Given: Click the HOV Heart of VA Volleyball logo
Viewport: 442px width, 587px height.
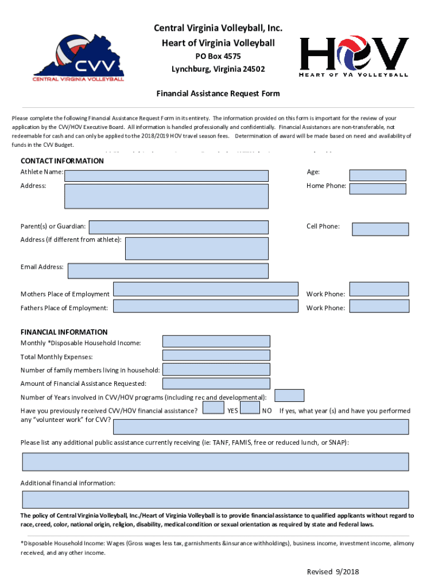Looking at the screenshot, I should [354, 57].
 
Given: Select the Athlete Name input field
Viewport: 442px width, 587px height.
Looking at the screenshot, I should [166, 175].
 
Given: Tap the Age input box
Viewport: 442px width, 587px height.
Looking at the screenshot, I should [377, 175].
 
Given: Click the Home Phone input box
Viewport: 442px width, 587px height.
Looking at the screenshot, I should [377, 189].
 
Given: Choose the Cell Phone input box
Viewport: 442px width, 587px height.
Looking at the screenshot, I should [380, 229].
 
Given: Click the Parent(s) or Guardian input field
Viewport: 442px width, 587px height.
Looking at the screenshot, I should [179, 228].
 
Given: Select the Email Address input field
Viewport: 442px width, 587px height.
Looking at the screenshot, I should [168, 271].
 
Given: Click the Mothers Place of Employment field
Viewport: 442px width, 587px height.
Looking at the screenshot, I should [206, 289].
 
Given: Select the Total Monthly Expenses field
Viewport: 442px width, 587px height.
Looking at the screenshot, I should [216, 356].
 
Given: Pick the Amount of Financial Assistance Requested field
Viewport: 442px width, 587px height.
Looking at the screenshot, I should [216, 383].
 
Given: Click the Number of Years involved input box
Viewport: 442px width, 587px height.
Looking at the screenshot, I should [289, 396].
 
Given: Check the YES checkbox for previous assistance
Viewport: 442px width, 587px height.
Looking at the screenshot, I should [214, 408].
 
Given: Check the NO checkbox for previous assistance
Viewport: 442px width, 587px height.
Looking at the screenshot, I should [250, 408].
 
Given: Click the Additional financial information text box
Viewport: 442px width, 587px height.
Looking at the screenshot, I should [215, 499].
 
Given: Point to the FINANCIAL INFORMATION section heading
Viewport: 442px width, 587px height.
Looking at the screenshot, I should [64, 332].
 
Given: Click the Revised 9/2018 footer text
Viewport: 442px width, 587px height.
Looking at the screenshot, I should [333, 572].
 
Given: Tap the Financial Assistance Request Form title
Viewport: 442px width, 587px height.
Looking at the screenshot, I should [219, 93].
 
